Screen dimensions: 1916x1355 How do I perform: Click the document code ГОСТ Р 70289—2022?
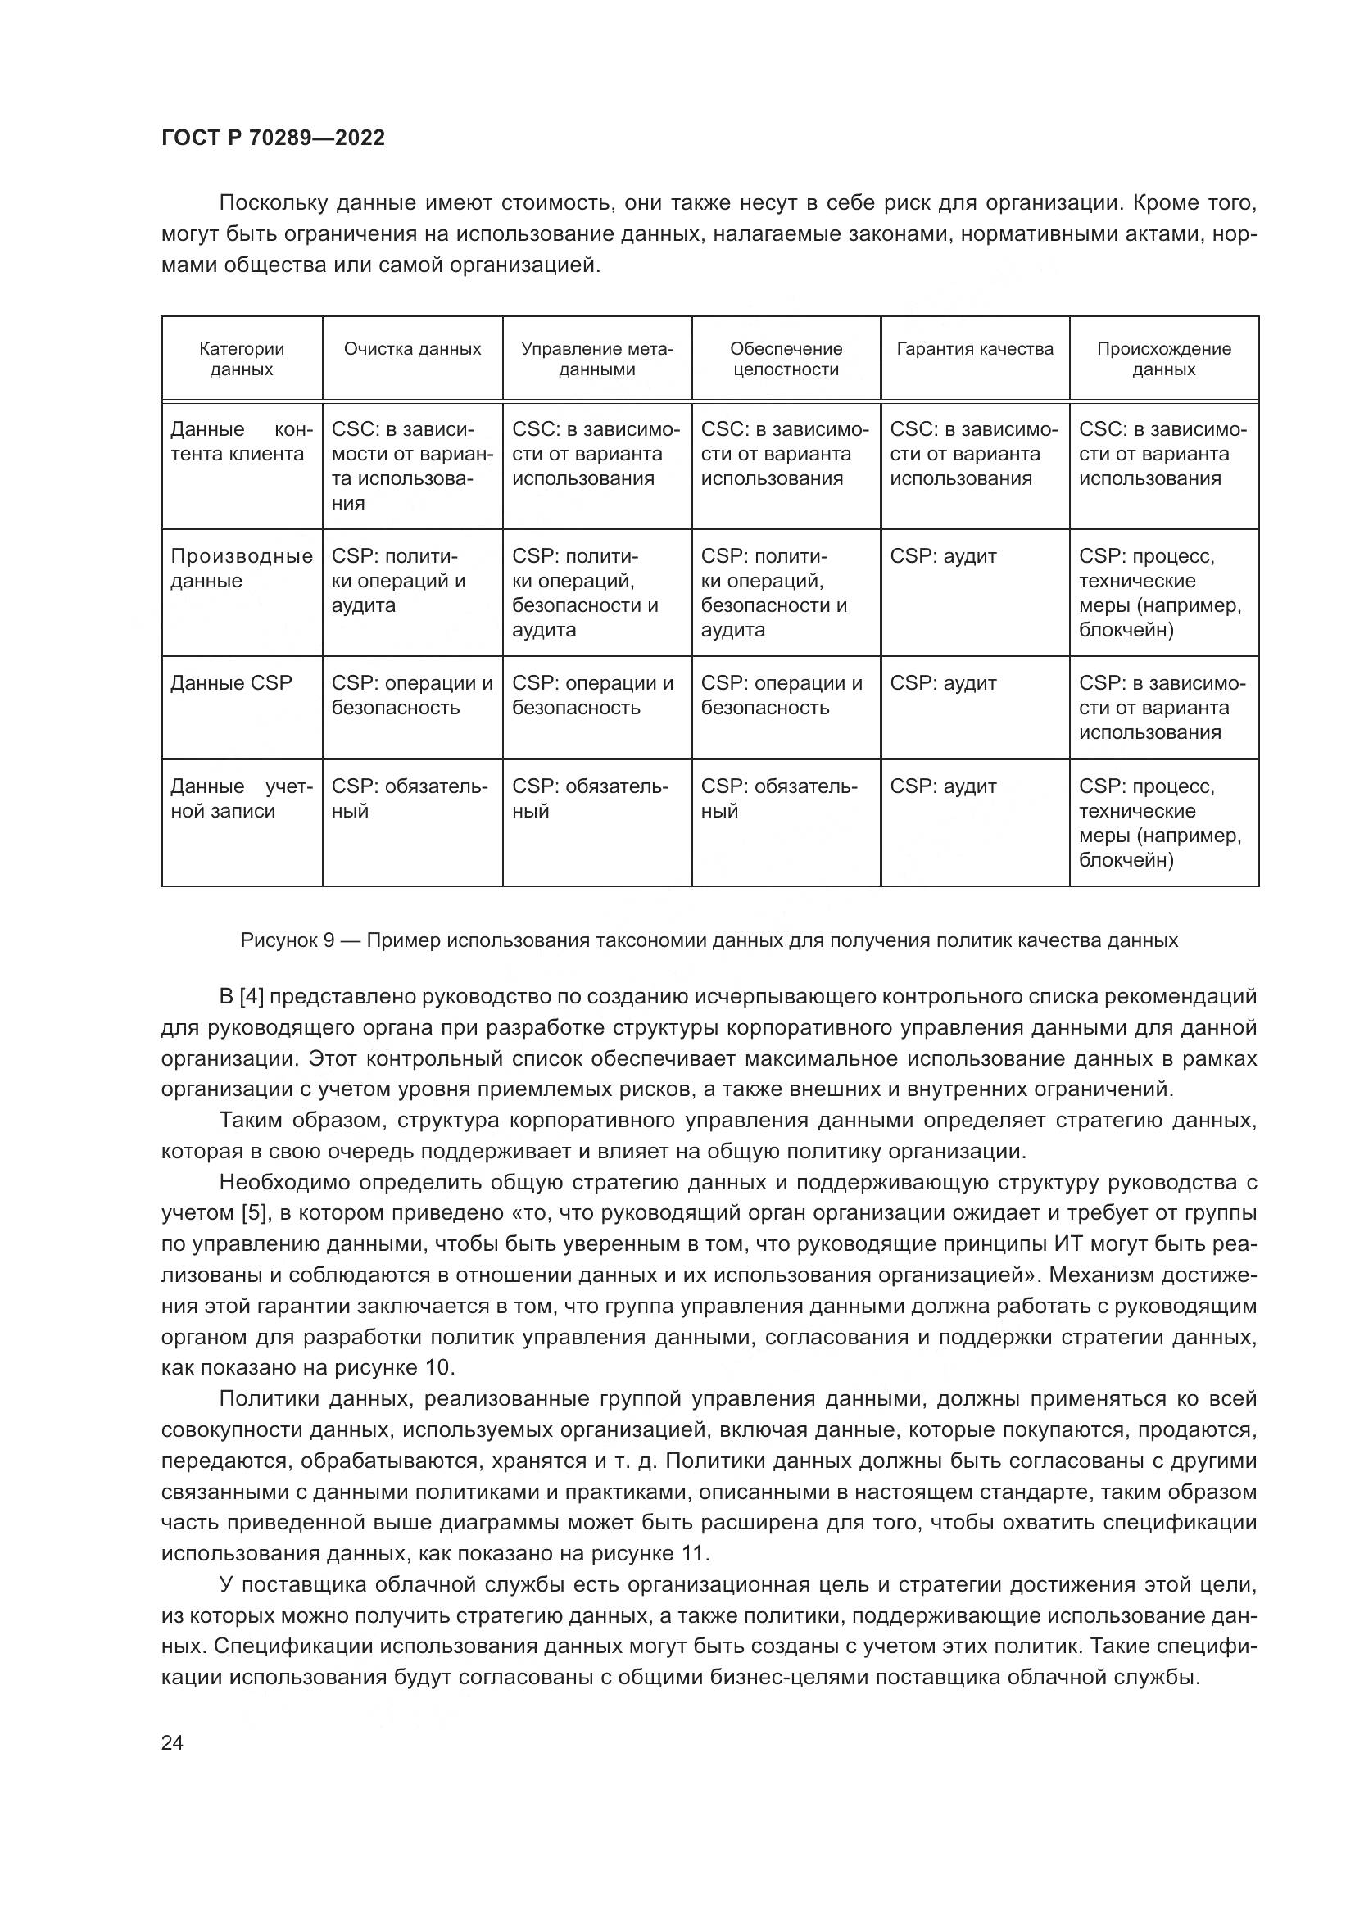[273, 138]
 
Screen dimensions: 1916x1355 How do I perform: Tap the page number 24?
[172, 1742]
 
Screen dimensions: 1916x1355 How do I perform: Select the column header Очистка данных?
[412, 349]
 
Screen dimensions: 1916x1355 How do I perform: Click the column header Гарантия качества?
[975, 349]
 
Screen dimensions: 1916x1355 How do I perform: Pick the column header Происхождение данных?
[1163, 359]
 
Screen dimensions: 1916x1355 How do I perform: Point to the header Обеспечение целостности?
[786, 359]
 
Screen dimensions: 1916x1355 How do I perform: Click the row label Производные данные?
[241, 568]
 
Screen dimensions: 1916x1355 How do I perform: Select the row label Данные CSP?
[231, 682]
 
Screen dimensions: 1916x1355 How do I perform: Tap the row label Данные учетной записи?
[241, 798]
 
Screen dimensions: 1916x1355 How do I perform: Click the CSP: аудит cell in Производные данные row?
[943, 555]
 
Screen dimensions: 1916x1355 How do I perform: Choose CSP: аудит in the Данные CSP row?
[943, 682]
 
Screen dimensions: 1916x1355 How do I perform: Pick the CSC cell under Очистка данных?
[412, 465]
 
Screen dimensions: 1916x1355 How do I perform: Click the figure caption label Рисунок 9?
[287, 940]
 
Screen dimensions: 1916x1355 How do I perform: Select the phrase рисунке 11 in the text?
[650, 1554]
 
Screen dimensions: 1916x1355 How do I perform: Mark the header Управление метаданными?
[596, 359]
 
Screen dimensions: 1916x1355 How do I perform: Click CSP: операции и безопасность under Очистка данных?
[412, 695]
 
